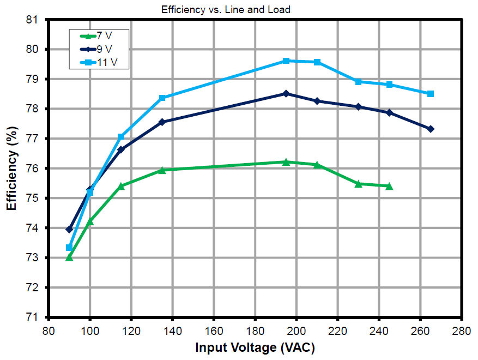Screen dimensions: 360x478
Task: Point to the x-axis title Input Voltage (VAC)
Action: (255, 347)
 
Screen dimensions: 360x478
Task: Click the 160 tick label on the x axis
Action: (214, 330)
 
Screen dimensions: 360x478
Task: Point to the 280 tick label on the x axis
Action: (462, 330)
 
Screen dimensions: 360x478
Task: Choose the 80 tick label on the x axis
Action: (49, 330)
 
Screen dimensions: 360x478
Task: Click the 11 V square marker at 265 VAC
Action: (431, 94)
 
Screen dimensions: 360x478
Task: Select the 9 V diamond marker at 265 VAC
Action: (431, 129)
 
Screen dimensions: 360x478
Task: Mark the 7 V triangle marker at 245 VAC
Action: (389, 186)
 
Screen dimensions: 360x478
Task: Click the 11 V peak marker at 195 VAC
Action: (286, 61)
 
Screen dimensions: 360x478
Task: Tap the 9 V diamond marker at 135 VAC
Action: (162, 122)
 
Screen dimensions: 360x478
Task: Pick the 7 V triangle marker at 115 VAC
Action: (121, 186)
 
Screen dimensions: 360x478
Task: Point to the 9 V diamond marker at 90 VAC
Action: (69, 229)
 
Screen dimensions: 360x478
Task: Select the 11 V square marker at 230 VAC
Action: (359, 81)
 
